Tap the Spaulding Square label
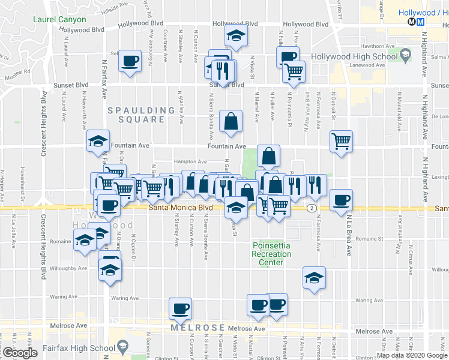tap(136, 115)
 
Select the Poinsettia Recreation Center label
tap(271, 254)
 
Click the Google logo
tap(20, 353)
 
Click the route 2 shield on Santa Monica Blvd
tap(312, 208)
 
